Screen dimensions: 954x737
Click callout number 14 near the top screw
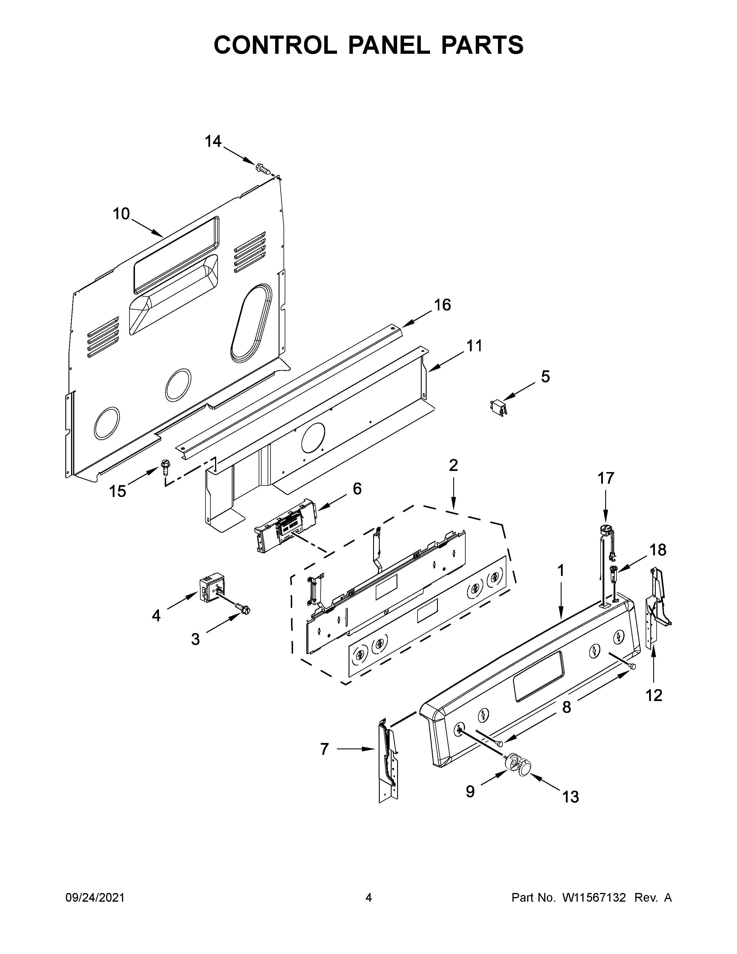[213, 142]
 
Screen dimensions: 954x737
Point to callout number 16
[442, 305]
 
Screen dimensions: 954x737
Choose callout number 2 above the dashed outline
[453, 466]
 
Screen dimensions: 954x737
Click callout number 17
[605, 478]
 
